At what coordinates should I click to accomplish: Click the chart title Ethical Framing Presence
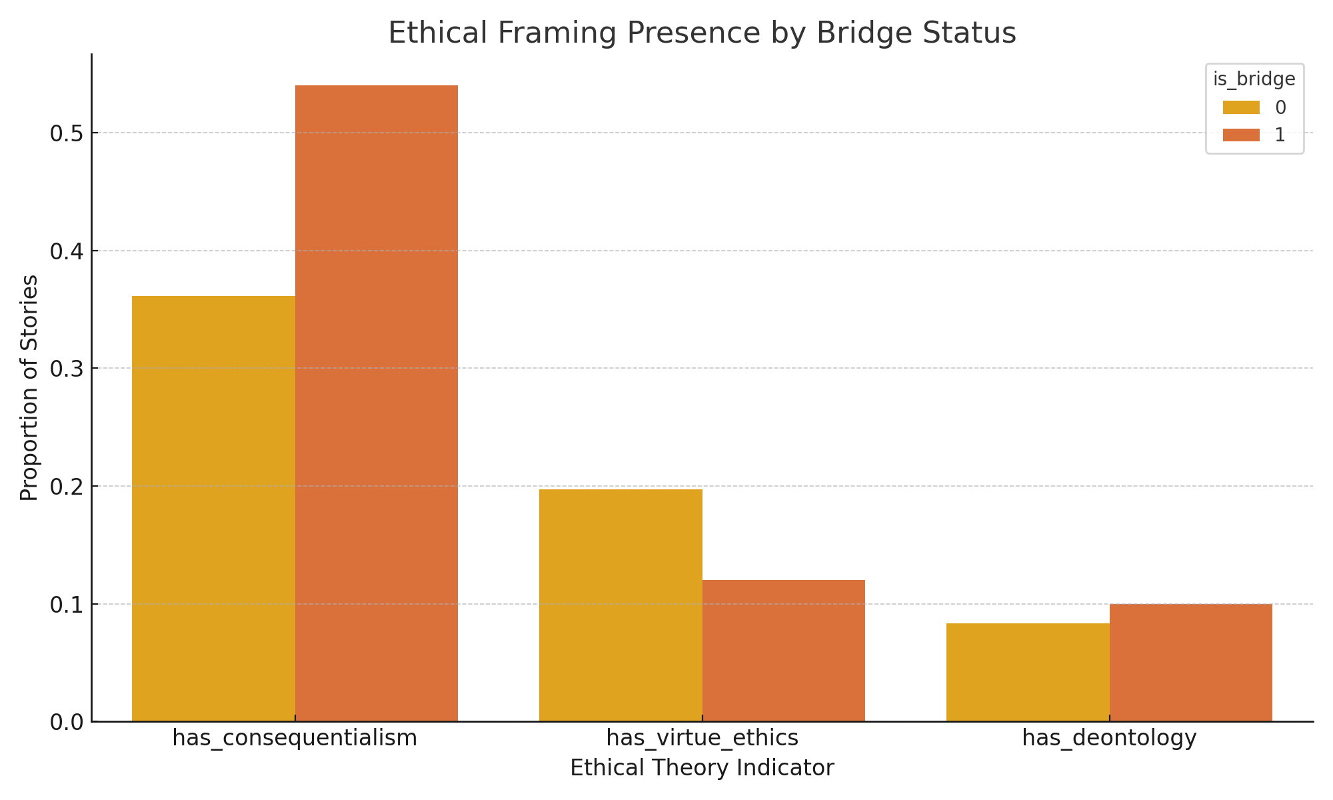[x=702, y=33]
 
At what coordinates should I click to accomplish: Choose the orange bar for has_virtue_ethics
[x=784, y=650]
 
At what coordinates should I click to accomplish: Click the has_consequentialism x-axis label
[x=295, y=738]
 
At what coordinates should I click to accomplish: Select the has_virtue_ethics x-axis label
[x=702, y=738]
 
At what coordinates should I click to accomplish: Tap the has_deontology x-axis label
[x=1109, y=738]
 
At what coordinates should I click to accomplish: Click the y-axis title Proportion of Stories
[x=29, y=387]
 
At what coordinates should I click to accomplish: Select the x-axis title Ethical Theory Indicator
[x=702, y=768]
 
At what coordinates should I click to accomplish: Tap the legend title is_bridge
[x=1254, y=79]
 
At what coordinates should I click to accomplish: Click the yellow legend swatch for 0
[x=1241, y=107]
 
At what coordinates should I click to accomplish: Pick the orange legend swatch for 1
[x=1241, y=135]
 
